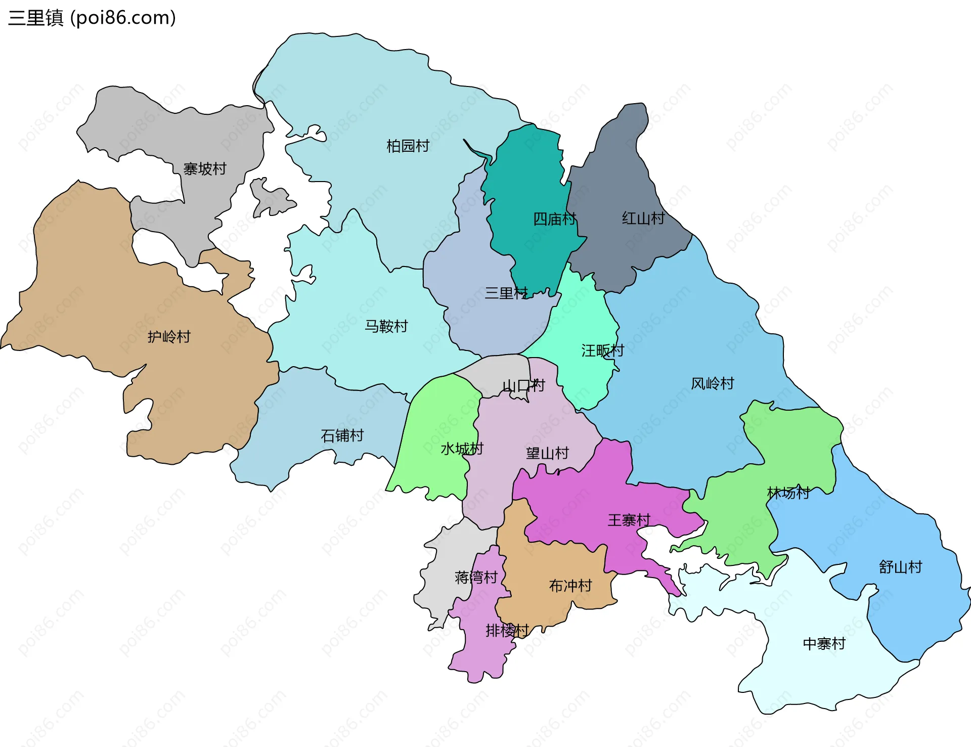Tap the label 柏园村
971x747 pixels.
coord(408,146)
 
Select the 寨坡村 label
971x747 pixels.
coord(204,169)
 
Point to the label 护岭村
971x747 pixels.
coord(169,337)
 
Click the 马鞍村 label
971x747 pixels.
coord(386,327)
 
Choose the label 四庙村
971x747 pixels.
coord(555,219)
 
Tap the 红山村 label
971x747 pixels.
coord(643,218)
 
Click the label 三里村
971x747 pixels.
coord(506,293)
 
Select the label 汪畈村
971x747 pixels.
coord(602,350)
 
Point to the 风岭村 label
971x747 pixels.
coord(712,384)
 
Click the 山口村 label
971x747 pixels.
coord(523,386)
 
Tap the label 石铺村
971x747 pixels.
coord(342,435)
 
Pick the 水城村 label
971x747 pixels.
coord(462,449)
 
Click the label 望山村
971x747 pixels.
coord(547,453)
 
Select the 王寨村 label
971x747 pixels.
coord(629,520)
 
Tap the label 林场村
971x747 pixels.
coord(788,493)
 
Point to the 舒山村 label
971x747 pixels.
coord(900,567)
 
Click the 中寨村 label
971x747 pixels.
coord(824,644)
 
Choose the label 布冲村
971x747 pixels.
coord(570,586)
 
